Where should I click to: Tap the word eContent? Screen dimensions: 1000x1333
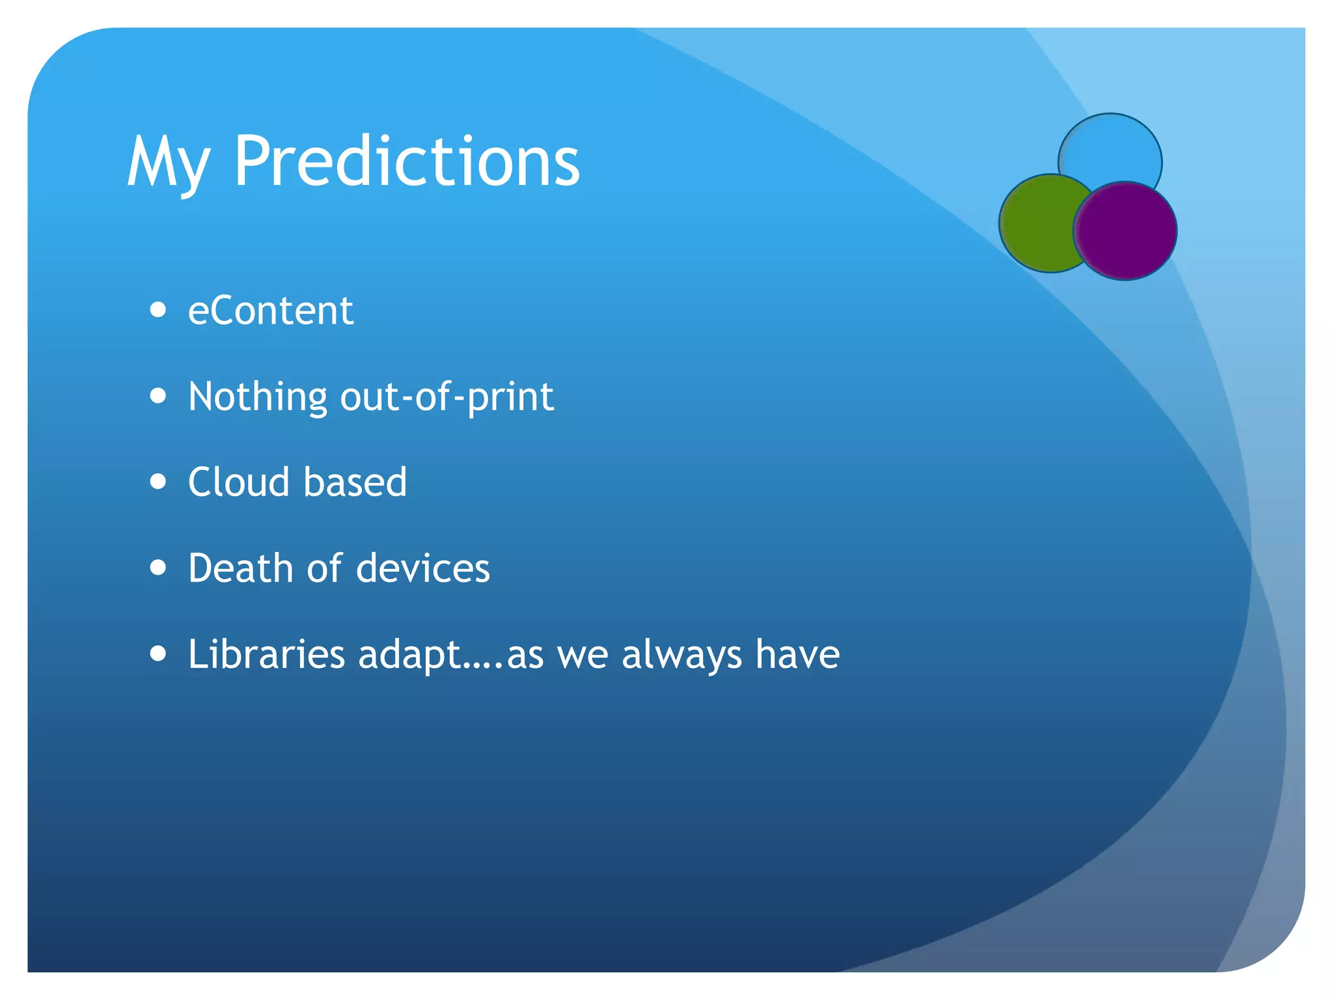click(x=270, y=311)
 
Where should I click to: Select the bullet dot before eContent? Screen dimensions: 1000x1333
click(x=158, y=309)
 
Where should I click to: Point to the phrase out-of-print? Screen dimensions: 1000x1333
click(x=447, y=397)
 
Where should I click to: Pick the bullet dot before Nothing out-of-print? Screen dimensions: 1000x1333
click(x=158, y=395)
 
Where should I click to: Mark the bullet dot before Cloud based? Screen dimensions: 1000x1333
click(x=158, y=481)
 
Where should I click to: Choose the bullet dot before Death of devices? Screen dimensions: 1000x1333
click(x=158, y=567)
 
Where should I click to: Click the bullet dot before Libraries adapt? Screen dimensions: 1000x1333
click(x=158, y=653)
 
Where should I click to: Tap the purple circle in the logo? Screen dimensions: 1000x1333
click(x=1126, y=231)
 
